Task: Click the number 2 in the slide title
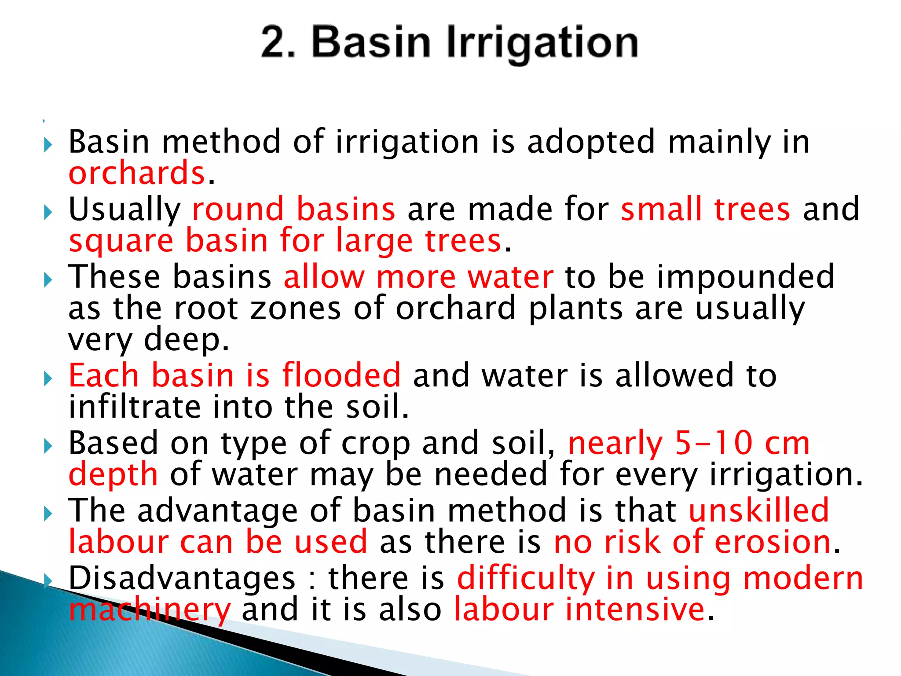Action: tap(273, 43)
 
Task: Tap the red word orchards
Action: tap(137, 173)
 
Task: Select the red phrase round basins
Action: tap(293, 209)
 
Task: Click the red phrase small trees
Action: tap(705, 209)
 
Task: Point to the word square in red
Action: tap(121, 242)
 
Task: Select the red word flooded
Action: tap(341, 376)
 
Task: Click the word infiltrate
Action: tap(134, 407)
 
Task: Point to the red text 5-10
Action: tap(713, 444)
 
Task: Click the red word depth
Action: tap(113, 475)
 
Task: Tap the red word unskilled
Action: tap(758, 511)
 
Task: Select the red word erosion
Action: tap(772, 542)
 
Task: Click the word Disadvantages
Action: tap(182, 578)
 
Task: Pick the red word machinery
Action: tap(150, 610)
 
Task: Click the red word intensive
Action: tap(635, 610)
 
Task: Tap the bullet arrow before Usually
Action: tap(48, 213)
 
